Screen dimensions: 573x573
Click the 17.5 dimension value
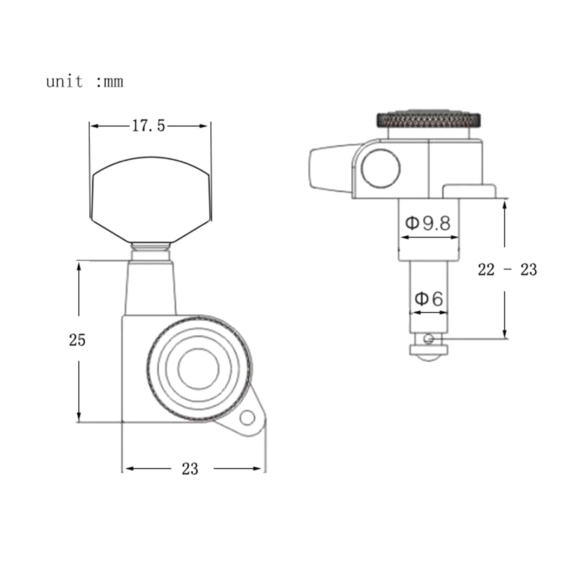pos(149,126)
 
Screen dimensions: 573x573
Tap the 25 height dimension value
pos(77,340)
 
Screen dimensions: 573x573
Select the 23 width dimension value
pos(190,469)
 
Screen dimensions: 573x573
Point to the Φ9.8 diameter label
pos(428,223)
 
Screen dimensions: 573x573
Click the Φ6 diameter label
pos(429,298)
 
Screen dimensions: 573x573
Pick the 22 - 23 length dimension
pos(507,270)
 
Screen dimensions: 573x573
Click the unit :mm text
pos(85,82)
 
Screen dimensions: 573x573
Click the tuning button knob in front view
pos(150,199)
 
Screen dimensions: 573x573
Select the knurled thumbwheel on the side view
pos(428,120)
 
